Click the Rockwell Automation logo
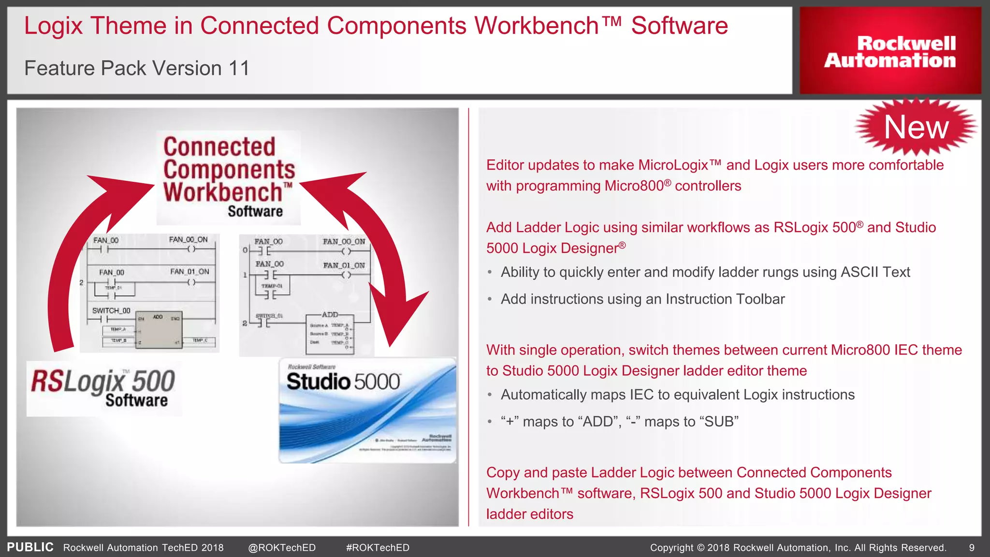point(890,51)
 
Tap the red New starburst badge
point(916,127)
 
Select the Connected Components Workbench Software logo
point(228,177)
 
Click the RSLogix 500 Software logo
point(104,388)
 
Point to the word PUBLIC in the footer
point(30,547)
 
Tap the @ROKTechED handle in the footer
point(281,548)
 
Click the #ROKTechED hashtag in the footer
point(378,548)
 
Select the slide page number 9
point(972,548)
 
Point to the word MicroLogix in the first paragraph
point(673,165)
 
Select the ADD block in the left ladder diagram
point(159,327)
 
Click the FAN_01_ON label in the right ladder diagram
point(344,265)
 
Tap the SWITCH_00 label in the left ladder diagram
point(111,310)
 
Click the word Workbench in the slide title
point(537,26)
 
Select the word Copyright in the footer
point(671,548)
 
